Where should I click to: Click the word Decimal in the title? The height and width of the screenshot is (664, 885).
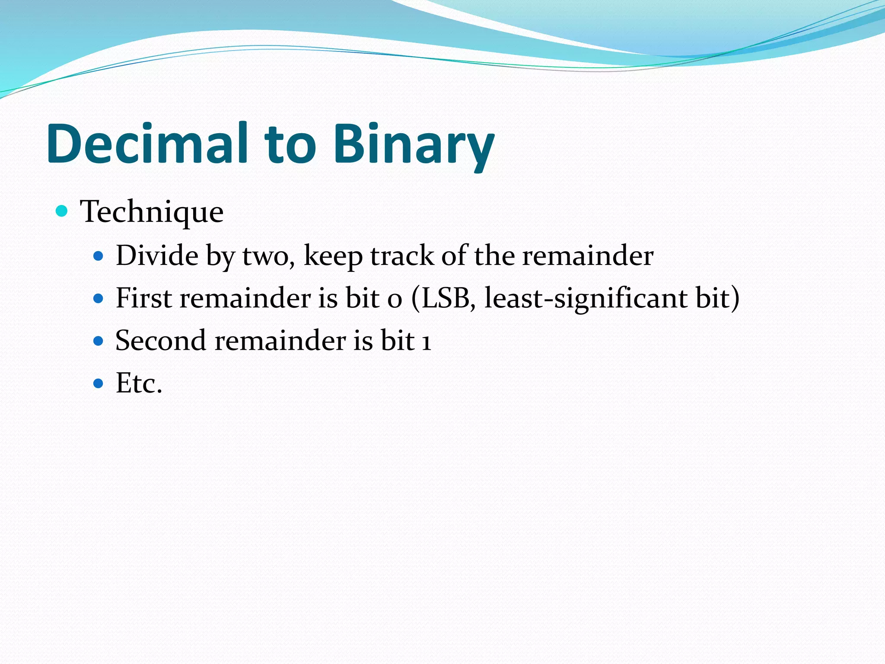(x=147, y=144)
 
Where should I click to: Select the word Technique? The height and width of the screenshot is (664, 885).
(x=152, y=212)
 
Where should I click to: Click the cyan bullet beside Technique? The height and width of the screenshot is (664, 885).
(x=62, y=211)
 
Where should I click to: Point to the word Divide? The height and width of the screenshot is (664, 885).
(x=157, y=255)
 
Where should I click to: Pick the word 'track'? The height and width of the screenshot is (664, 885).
(x=402, y=255)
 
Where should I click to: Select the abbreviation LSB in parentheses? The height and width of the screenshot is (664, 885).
(x=446, y=298)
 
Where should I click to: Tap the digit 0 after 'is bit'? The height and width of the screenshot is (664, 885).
(x=395, y=300)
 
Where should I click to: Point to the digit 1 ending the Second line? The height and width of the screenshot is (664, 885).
(x=427, y=341)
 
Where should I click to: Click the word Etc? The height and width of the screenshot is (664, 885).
(x=139, y=383)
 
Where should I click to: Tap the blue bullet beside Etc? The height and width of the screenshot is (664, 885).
(x=99, y=383)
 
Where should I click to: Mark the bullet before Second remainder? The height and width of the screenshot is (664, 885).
(x=99, y=341)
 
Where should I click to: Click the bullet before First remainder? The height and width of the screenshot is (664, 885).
(x=99, y=299)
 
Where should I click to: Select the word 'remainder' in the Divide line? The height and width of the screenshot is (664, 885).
(x=588, y=255)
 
